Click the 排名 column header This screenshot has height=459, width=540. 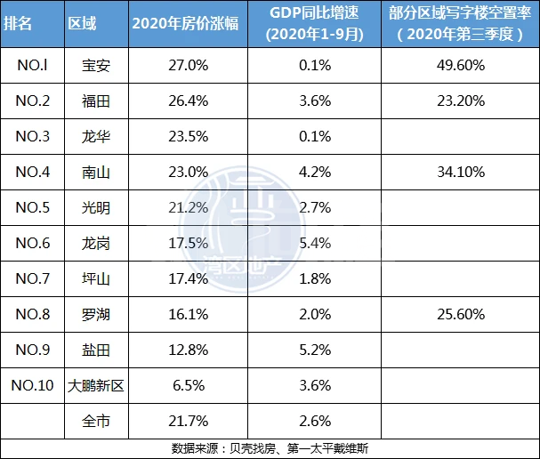coord(18,23)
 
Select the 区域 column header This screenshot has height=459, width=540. coord(82,23)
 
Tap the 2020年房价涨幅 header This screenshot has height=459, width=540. coord(185,23)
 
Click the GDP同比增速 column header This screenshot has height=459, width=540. coord(314,23)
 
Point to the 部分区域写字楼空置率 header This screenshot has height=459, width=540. coord(460,23)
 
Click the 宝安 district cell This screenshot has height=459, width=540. coord(96,66)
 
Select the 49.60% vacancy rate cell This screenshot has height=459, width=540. coord(461,65)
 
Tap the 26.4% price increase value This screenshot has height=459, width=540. coord(189,101)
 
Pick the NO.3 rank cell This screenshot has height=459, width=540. coord(33,136)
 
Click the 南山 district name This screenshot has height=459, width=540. coord(96,173)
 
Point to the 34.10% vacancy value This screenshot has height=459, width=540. coord(461,172)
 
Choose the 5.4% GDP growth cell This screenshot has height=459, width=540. coord(315,243)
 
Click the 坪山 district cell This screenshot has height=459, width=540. coord(96,279)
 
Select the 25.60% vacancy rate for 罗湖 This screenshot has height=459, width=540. coord(461,314)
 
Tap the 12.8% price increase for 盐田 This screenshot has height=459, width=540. coord(189,350)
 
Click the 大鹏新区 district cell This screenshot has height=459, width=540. coord(96,386)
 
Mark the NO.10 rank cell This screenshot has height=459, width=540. coord(33,385)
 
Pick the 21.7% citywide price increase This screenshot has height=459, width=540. coord(189,421)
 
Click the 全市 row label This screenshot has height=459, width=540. coord(96,422)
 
